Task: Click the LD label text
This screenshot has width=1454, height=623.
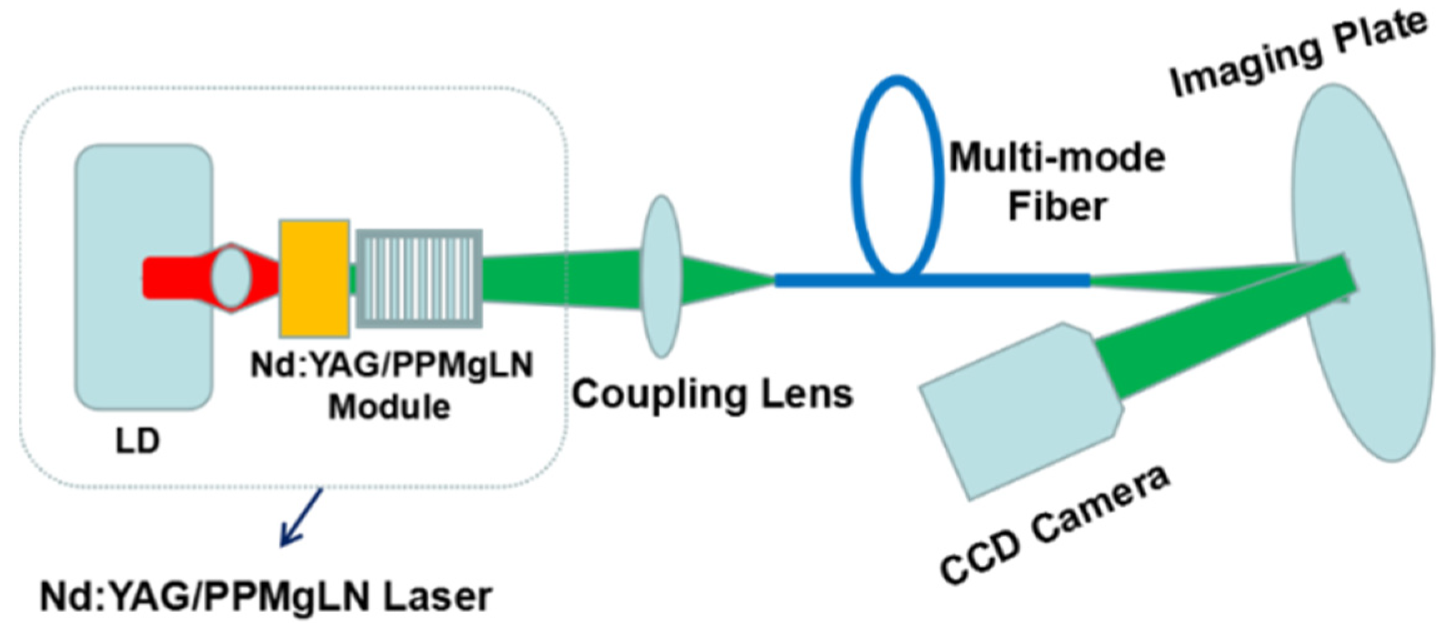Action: [138, 441]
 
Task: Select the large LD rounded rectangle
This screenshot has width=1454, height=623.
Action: [144, 350]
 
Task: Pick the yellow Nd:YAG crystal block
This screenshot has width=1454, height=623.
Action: [314, 279]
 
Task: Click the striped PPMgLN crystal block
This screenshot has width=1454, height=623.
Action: [419, 279]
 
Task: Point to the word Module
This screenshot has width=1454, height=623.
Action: [389, 407]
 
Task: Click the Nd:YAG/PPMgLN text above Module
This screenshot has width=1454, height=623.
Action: [392, 365]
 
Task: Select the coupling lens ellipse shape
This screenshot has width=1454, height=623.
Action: [661, 276]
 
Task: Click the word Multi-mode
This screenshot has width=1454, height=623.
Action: [1057, 157]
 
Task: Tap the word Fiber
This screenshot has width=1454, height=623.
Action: [1057, 206]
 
